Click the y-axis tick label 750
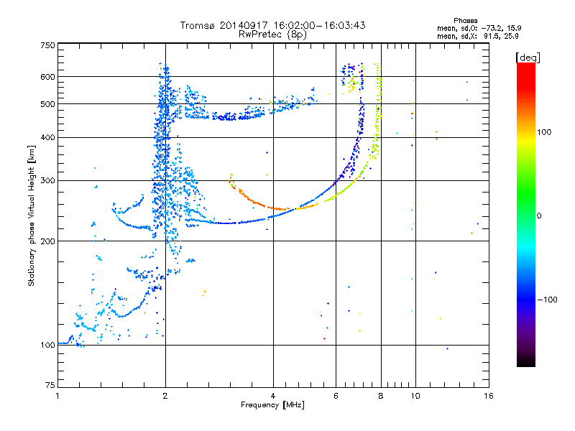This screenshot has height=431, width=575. pos(47,45)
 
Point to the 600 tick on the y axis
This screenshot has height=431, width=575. pos(47,77)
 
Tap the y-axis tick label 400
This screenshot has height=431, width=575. pos(47,137)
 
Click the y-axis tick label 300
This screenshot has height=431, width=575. pos(47,180)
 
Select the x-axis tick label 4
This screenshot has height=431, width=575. pos(273,396)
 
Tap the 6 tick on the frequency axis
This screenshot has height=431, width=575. pos(336,396)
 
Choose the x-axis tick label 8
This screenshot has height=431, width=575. pos(381,396)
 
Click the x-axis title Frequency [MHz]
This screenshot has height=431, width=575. pos(272,406)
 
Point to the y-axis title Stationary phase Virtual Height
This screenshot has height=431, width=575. pos(32,215)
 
